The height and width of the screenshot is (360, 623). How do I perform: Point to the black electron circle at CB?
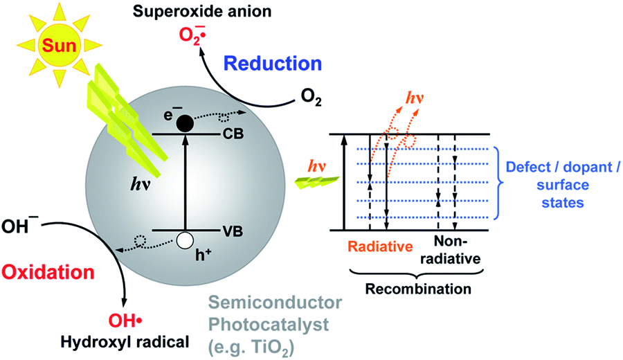[185, 124]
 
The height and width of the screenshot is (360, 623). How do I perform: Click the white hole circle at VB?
[185, 240]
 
